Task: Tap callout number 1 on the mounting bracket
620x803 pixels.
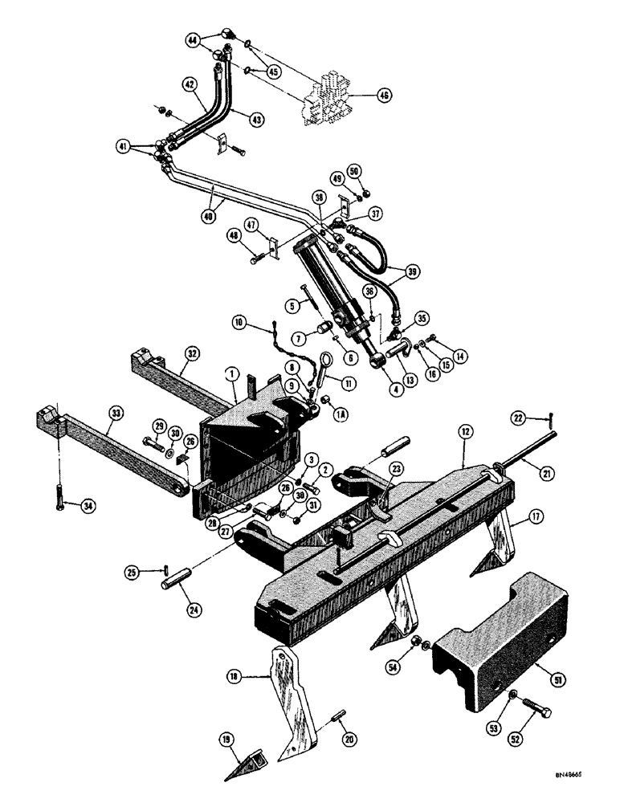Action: pos(230,374)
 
